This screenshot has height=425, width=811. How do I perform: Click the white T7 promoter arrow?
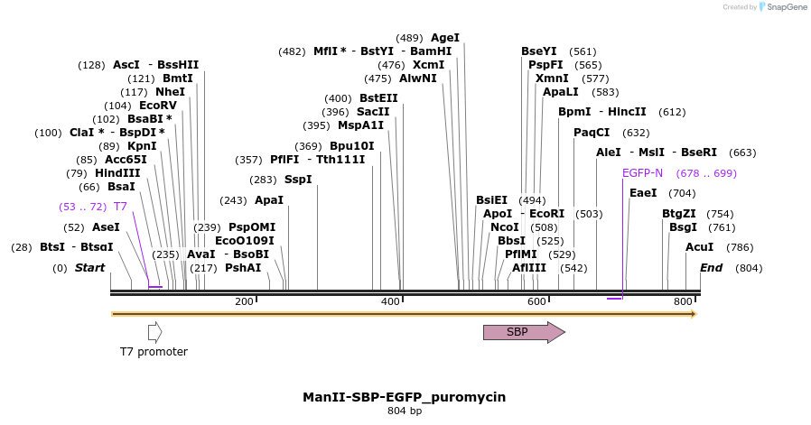pyautogui.click(x=154, y=332)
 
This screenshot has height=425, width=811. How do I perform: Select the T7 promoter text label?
pyautogui.click(x=154, y=351)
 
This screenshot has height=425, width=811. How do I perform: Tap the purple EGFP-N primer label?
pyautogui.click(x=642, y=173)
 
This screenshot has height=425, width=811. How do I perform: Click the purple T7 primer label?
pyautogui.click(x=120, y=207)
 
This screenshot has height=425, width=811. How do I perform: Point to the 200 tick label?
pyautogui.click(x=244, y=301)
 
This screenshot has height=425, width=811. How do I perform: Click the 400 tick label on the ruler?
pyautogui.click(x=390, y=301)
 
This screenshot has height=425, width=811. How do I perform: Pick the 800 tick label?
pyautogui.click(x=683, y=301)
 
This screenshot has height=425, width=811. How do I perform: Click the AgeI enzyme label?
pyautogui.click(x=445, y=38)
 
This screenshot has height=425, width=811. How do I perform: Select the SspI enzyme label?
pyautogui.click(x=298, y=180)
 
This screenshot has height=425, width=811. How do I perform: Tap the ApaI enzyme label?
pyautogui.click(x=269, y=200)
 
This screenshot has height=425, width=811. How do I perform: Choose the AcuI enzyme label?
pyautogui.click(x=699, y=247)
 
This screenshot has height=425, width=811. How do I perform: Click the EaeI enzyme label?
pyautogui.click(x=643, y=193)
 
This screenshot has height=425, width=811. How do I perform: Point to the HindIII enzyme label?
pyautogui.click(x=117, y=173)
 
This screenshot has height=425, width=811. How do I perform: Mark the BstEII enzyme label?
pyautogui.click(x=378, y=98)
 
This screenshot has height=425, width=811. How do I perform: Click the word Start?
pyautogui.click(x=89, y=268)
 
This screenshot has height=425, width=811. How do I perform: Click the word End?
pyautogui.click(x=711, y=268)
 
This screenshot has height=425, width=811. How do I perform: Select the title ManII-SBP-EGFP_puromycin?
pyautogui.click(x=405, y=397)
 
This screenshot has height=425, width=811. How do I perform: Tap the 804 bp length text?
pyautogui.click(x=405, y=411)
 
